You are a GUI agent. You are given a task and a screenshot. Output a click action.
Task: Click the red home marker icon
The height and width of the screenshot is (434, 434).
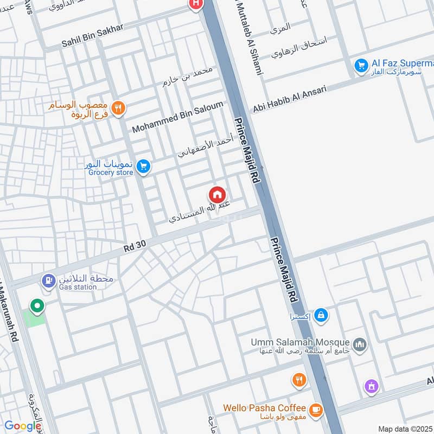(217, 194)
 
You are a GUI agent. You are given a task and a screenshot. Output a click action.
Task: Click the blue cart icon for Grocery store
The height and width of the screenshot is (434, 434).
(143, 166)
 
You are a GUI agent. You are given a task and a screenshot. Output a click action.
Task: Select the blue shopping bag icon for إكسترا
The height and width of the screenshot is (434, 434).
(321, 315)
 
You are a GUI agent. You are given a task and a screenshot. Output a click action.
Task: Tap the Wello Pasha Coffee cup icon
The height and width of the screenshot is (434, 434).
(315, 410)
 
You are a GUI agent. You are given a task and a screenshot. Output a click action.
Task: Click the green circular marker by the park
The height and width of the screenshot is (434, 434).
(37, 307)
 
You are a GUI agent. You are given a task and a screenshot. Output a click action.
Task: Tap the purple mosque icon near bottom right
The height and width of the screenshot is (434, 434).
(372, 386)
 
